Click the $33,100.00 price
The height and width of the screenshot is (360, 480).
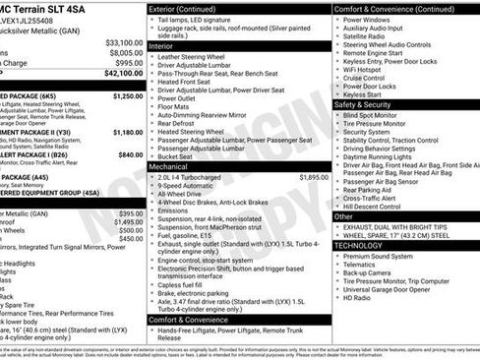pyautogui.click(x=124, y=43)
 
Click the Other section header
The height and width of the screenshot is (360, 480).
pyautogui.click(x=343, y=215)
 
